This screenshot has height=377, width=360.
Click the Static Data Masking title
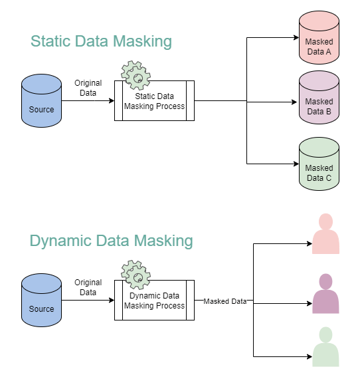click(101, 41)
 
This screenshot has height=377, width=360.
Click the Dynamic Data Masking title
click(111, 240)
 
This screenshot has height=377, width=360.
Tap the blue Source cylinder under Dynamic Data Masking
click(41, 301)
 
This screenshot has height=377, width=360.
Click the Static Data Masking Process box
click(154, 101)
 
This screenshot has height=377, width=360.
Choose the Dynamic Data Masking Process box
click(154, 301)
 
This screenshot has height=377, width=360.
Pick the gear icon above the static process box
click(136, 76)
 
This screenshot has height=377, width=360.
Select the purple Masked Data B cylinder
click(319, 101)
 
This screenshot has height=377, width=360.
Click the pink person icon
click(325, 234)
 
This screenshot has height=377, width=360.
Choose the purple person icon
click(325, 293)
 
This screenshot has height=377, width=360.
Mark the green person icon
click(325, 347)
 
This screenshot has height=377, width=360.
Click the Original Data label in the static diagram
click(88, 88)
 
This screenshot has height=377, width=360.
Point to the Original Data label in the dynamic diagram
click(88, 287)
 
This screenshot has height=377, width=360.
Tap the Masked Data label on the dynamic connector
click(225, 301)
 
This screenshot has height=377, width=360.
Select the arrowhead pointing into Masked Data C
click(295, 163)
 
